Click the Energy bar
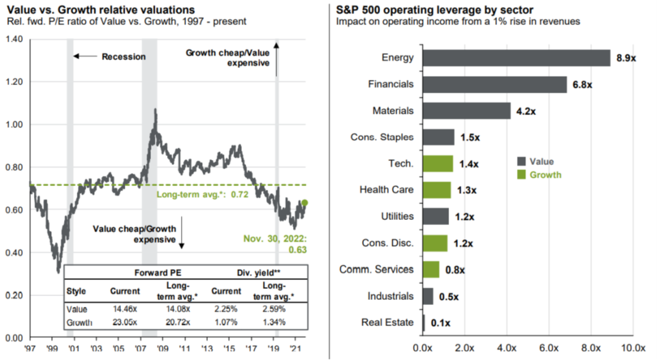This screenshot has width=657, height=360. tap(517, 58)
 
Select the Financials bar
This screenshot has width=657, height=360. tap(495, 84)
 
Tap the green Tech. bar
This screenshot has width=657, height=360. tap(438, 164)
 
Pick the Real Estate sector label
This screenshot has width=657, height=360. tap(388, 323)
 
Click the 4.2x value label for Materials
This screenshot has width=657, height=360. tap(525, 111)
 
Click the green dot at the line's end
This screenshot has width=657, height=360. tap(305, 203)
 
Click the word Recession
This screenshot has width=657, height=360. tap(123, 56)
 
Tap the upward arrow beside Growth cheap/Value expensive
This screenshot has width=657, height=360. tap(277, 58)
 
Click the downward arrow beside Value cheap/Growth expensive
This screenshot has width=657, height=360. tap(181, 234)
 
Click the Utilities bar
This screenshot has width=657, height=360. tap(436, 217)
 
